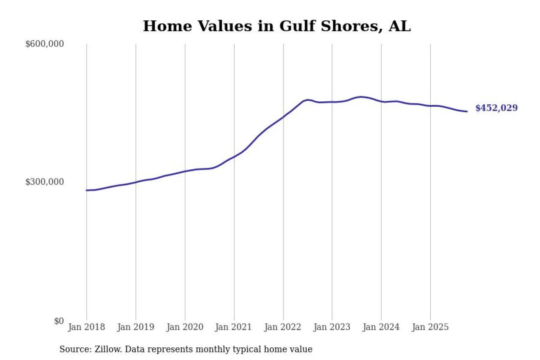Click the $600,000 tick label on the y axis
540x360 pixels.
pyautogui.click(x=44, y=44)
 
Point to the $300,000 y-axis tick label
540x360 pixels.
pyautogui.click(x=44, y=182)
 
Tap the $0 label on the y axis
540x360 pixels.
pyautogui.click(x=59, y=321)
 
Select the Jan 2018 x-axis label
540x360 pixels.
pyautogui.click(x=86, y=328)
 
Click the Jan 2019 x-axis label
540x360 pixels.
pyautogui.click(x=136, y=328)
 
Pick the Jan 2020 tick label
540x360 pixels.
pyautogui.click(x=185, y=328)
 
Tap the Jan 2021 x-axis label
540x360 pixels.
pyautogui.click(x=234, y=328)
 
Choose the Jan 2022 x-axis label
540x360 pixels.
pyautogui.click(x=283, y=328)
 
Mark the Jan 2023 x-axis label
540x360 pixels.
pyautogui.click(x=332, y=328)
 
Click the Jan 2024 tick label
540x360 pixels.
pyautogui.click(x=381, y=328)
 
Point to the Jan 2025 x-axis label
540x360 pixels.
pyautogui.click(x=430, y=328)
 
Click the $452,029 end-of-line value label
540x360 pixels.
pyautogui.click(x=496, y=108)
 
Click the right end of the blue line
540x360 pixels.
pyautogui.click(x=467, y=111)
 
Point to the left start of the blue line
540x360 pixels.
pyautogui.click(x=87, y=190)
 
